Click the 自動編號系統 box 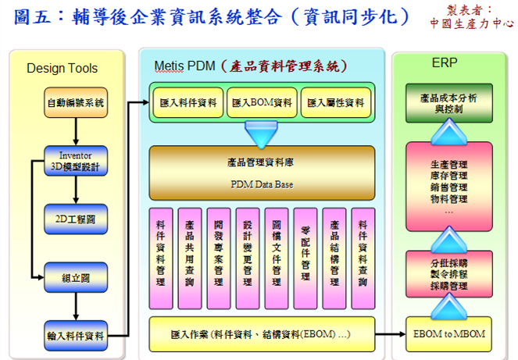coord(76,102)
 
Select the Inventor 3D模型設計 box coord(76,160)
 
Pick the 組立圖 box coord(76,276)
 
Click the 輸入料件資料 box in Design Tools coord(76,335)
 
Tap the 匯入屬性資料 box coord(333,102)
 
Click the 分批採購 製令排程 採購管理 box coord(448,275)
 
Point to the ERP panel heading coord(444,62)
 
